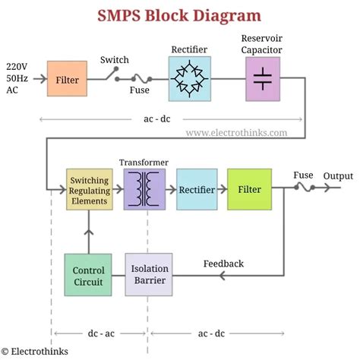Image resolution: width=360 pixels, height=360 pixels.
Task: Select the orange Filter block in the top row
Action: [x=68, y=79]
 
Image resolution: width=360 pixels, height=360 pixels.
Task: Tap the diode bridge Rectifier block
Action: [x=189, y=78]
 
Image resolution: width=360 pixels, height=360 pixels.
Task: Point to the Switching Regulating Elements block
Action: [x=88, y=189]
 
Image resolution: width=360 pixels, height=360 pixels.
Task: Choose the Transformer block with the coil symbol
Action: [x=144, y=189]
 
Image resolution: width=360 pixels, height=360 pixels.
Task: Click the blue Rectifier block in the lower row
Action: [x=197, y=189]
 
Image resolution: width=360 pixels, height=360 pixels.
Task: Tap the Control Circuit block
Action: [x=88, y=275]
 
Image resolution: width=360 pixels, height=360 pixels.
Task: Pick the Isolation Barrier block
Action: [x=148, y=275]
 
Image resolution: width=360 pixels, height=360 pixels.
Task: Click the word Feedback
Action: [x=223, y=264]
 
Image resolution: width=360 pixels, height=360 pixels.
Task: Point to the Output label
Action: [x=338, y=176]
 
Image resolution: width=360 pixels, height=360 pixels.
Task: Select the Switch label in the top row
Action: [x=115, y=60]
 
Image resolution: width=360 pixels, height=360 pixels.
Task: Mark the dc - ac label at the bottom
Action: [x=99, y=333]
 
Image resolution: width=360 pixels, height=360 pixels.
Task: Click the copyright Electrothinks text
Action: [x=34, y=351]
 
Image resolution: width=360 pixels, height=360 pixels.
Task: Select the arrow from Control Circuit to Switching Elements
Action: [x=88, y=232]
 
